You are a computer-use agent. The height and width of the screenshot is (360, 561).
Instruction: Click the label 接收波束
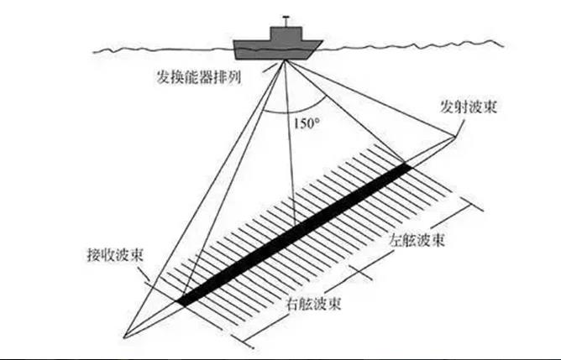click(113, 254)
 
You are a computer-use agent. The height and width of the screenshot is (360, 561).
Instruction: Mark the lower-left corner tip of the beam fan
click(123, 338)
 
